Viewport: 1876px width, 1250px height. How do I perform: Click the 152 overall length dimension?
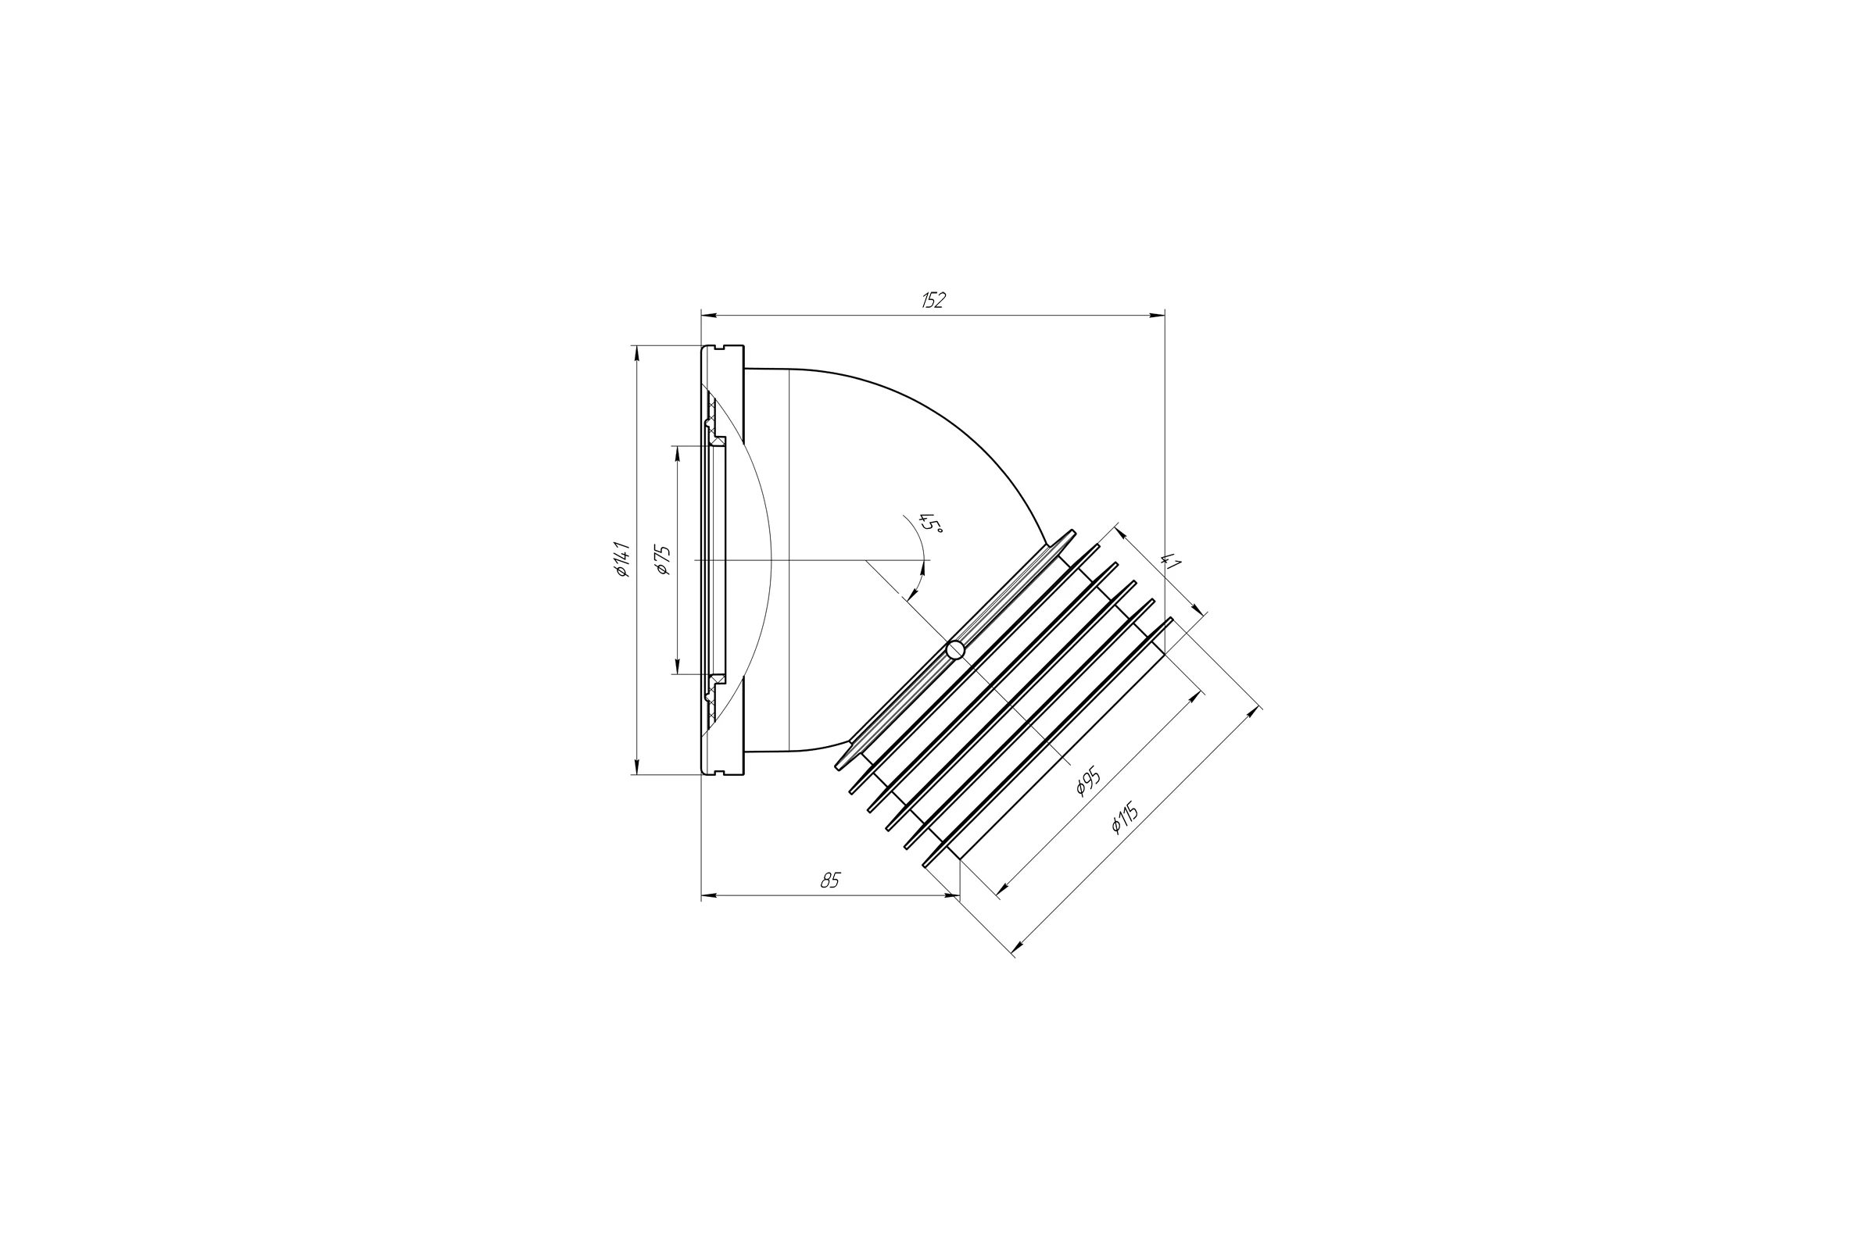(x=933, y=301)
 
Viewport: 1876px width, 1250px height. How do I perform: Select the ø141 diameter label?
(x=622, y=559)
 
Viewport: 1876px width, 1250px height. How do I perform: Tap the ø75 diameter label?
(x=663, y=560)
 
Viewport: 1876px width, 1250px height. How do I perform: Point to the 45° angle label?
(x=931, y=523)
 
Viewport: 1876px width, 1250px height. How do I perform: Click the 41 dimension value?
(x=1170, y=560)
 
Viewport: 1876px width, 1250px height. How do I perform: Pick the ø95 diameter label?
(x=1088, y=782)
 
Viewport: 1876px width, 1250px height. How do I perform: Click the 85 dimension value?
(x=830, y=880)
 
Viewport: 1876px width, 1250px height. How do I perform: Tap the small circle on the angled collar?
(x=955, y=651)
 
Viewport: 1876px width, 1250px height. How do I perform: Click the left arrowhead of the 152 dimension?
(x=709, y=316)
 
